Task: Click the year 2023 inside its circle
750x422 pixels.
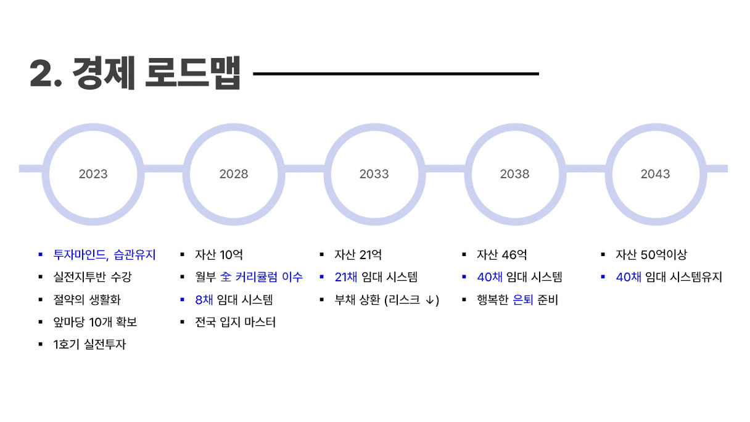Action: [93, 174]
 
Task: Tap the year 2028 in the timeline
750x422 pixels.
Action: [234, 174]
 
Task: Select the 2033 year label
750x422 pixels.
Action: [374, 174]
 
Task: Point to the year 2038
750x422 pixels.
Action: [514, 174]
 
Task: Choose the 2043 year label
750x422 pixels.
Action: [655, 174]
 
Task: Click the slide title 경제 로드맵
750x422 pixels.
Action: [157, 73]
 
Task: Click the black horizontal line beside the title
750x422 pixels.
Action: [396, 73]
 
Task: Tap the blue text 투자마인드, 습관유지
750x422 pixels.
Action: [104, 255]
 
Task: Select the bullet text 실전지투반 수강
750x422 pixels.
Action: [93, 277]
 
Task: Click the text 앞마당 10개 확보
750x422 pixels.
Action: [95, 322]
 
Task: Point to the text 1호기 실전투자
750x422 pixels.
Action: [89, 344]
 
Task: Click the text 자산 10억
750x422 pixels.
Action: [219, 255]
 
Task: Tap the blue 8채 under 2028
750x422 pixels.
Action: [204, 300]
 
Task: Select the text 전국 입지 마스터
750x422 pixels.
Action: [236, 322]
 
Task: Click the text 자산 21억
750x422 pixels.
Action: [358, 255]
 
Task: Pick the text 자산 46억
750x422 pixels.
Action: [502, 255]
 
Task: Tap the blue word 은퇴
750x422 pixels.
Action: [522, 300]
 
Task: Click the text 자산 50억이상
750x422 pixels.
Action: [651, 255]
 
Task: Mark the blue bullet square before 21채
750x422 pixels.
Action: [322, 277]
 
